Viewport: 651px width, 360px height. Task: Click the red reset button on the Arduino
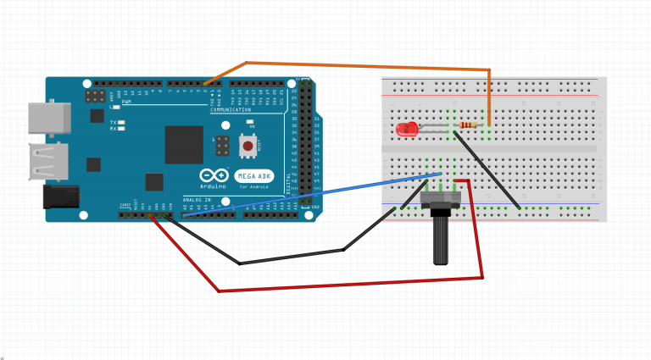(x=248, y=147)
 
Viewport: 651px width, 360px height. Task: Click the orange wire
(x=356, y=65)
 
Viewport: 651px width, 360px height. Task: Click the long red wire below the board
(x=339, y=284)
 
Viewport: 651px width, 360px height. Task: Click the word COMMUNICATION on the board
(x=231, y=109)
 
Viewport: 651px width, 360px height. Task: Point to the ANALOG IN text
(x=197, y=201)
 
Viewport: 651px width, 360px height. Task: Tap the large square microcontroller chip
(x=184, y=145)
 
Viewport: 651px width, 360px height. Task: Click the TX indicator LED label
(x=114, y=122)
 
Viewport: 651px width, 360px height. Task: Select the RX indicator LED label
(x=114, y=130)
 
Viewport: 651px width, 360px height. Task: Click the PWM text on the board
(x=126, y=102)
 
